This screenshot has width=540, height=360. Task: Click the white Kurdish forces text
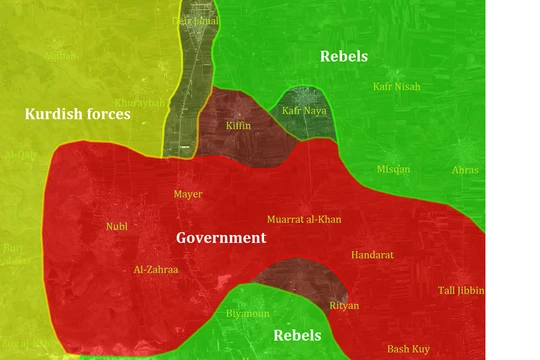point(78,114)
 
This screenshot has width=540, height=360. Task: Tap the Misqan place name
point(393,169)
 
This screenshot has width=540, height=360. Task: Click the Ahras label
point(465,170)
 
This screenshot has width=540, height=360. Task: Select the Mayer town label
point(188,194)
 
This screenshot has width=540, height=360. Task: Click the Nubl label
point(117,226)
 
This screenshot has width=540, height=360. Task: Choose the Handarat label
point(372,255)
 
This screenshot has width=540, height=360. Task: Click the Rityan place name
point(344,304)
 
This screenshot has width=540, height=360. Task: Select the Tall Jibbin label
point(461,290)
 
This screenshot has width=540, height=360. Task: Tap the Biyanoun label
point(248,313)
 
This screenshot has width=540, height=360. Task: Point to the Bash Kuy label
point(408,348)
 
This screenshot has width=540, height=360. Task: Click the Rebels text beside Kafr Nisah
point(344,56)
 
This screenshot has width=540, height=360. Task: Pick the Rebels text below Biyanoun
point(297,336)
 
